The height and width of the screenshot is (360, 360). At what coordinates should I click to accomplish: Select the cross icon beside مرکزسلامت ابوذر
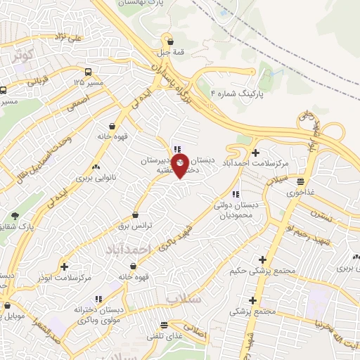coord(65,266)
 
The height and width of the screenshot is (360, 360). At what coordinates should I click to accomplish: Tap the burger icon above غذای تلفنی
coord(165,325)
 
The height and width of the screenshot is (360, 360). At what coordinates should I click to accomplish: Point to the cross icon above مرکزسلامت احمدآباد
coord(255,153)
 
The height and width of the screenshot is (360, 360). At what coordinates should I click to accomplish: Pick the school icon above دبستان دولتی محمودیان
coord(236,193)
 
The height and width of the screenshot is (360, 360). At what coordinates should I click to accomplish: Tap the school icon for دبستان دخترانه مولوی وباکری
coord(99,298)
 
